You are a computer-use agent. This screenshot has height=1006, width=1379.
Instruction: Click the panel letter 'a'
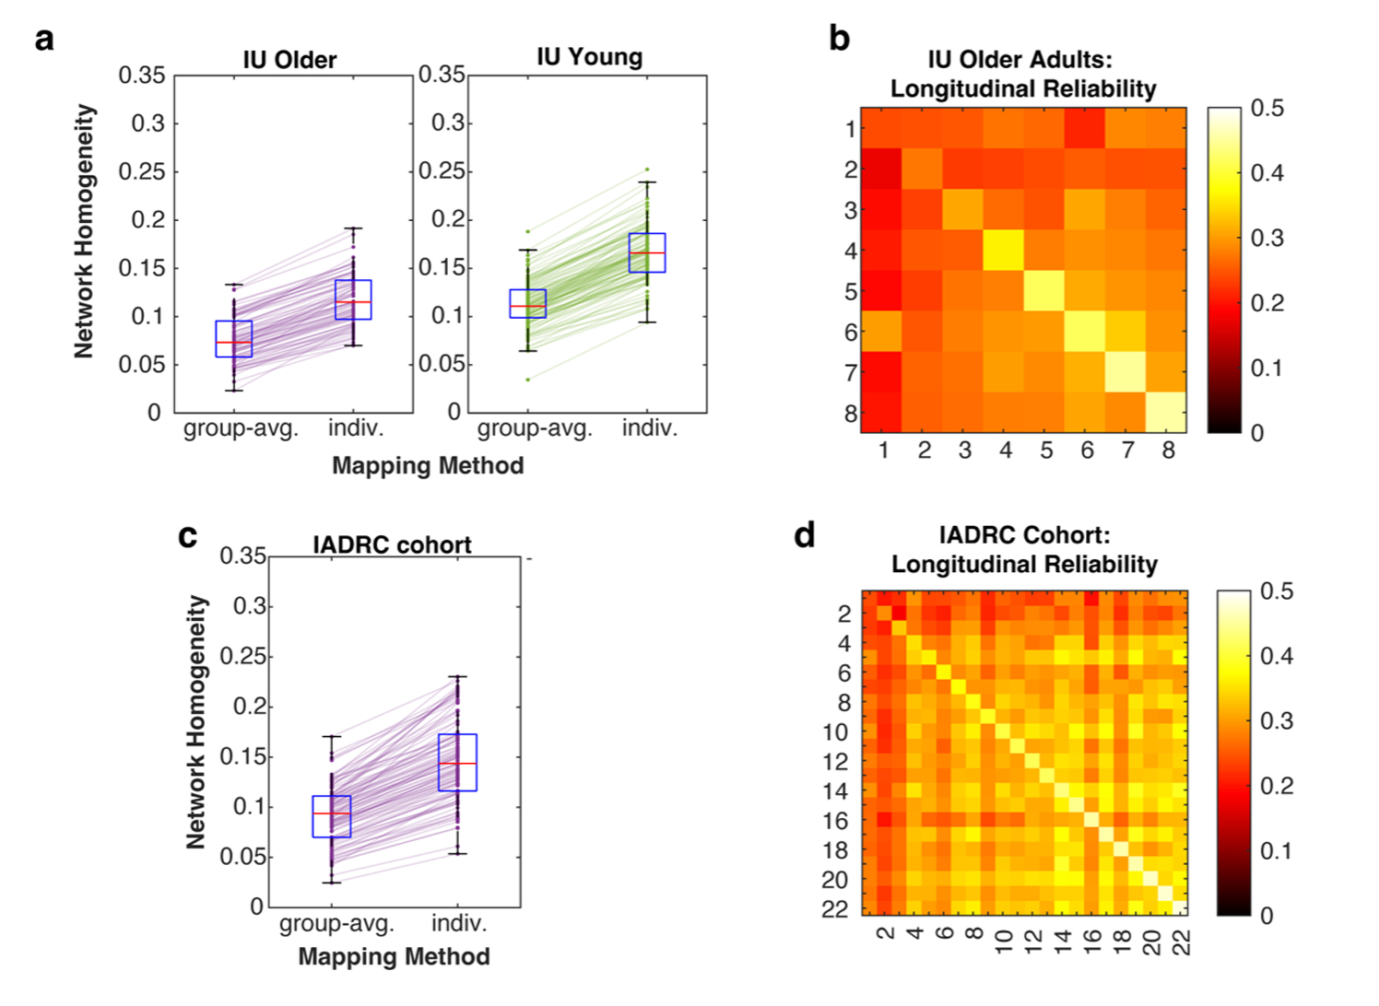click(44, 40)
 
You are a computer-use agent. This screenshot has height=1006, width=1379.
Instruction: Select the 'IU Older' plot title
click(289, 61)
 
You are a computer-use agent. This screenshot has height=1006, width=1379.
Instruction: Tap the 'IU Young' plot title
click(589, 57)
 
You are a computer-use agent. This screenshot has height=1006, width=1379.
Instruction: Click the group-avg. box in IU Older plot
click(233, 338)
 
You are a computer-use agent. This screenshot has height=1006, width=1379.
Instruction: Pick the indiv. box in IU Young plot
click(647, 252)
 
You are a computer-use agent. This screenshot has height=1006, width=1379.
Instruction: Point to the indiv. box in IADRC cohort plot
click(457, 762)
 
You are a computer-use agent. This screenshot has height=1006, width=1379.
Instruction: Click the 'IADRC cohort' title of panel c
click(392, 545)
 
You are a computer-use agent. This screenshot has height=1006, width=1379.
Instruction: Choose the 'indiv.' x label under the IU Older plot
click(356, 428)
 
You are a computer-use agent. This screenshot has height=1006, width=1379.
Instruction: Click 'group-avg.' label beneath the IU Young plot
click(535, 428)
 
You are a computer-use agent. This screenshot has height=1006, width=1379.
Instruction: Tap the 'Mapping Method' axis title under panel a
click(428, 466)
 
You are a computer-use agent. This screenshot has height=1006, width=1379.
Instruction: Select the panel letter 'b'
click(839, 40)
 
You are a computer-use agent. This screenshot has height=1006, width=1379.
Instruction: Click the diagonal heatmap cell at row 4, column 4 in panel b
click(1005, 250)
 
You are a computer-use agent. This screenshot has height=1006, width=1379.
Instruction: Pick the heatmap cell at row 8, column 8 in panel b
click(1167, 412)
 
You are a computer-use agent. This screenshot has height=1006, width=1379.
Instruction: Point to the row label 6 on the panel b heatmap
click(850, 332)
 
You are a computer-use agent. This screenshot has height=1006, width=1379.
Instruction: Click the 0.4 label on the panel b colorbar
click(1267, 173)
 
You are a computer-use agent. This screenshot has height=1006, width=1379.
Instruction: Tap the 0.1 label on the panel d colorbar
click(1277, 850)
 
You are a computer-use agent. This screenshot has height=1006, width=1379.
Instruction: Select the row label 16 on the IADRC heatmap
click(834, 821)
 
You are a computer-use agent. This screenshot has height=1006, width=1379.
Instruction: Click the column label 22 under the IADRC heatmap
click(1182, 942)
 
